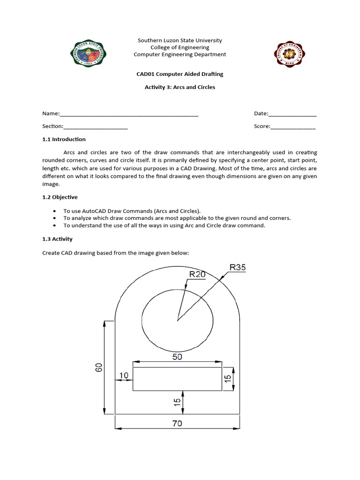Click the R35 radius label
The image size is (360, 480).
click(237, 268)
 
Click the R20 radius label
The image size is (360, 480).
click(197, 275)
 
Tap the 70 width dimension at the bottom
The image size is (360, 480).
click(177, 423)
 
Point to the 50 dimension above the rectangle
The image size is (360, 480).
click(177, 357)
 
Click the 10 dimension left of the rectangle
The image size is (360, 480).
click(124, 375)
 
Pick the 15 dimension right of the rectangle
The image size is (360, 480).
click(228, 379)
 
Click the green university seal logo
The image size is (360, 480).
click(88, 53)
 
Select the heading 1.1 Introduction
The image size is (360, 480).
click(64, 139)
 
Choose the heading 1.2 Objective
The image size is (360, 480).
click(60, 197)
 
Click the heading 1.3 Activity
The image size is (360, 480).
click(57, 239)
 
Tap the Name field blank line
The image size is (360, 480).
click(129, 114)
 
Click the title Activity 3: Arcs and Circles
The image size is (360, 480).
click(180, 87)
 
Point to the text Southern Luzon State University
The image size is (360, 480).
click(180, 41)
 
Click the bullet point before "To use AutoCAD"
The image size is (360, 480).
click(56, 211)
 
